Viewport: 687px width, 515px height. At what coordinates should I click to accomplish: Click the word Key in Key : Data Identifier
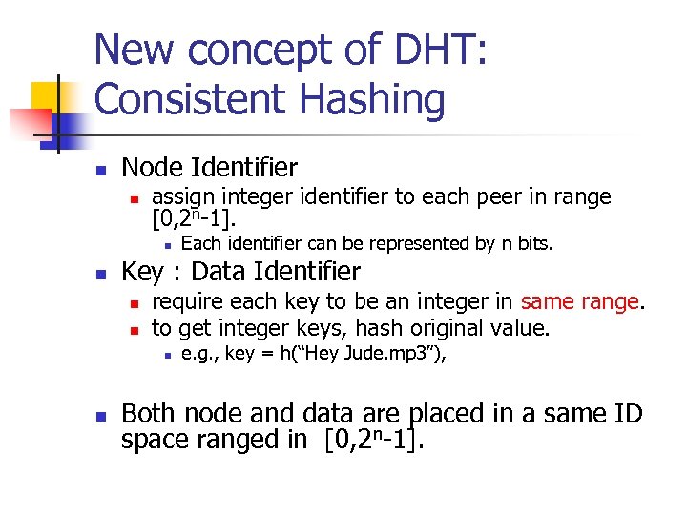point(143,272)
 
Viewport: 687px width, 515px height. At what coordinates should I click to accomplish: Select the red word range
point(610,303)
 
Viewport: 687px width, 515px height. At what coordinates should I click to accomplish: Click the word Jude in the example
point(353,355)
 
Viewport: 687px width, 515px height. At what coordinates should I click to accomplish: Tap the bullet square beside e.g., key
point(166,356)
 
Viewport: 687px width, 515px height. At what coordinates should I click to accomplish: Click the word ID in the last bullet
point(626,414)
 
